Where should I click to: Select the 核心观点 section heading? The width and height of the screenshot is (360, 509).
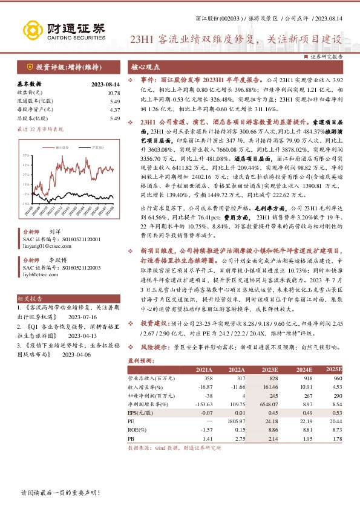coord(146,67)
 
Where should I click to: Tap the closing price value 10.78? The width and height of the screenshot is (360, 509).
coord(114,93)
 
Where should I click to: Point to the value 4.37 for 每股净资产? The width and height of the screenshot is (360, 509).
coord(114,110)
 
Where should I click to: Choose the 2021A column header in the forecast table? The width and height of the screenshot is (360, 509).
coord(204,369)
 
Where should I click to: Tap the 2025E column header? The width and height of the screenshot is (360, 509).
coord(335,369)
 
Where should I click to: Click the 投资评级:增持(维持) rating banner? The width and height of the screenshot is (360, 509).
coord(62,68)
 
